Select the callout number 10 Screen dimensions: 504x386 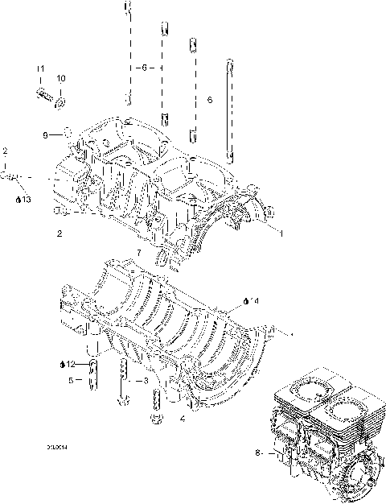pyautogui.click(x=61, y=78)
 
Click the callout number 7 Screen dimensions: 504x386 pyautogui.click(x=138, y=253)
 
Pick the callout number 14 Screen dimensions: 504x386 pyautogui.click(x=253, y=301)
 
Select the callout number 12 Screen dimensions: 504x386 pyautogui.click(x=70, y=364)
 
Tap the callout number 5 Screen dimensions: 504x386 pyautogui.click(x=70, y=380)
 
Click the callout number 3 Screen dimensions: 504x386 pyautogui.click(x=145, y=379)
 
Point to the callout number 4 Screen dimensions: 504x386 pyautogui.click(x=183, y=419)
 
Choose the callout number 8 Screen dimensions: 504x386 pyautogui.click(x=257, y=453)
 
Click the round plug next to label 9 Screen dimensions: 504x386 pyautogui.click(x=68, y=131)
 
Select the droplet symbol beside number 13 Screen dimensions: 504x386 pyautogui.click(x=18, y=199)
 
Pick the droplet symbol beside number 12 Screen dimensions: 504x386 pyautogui.click(x=61, y=364)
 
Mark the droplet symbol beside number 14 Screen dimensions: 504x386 pyautogui.click(x=245, y=301)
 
